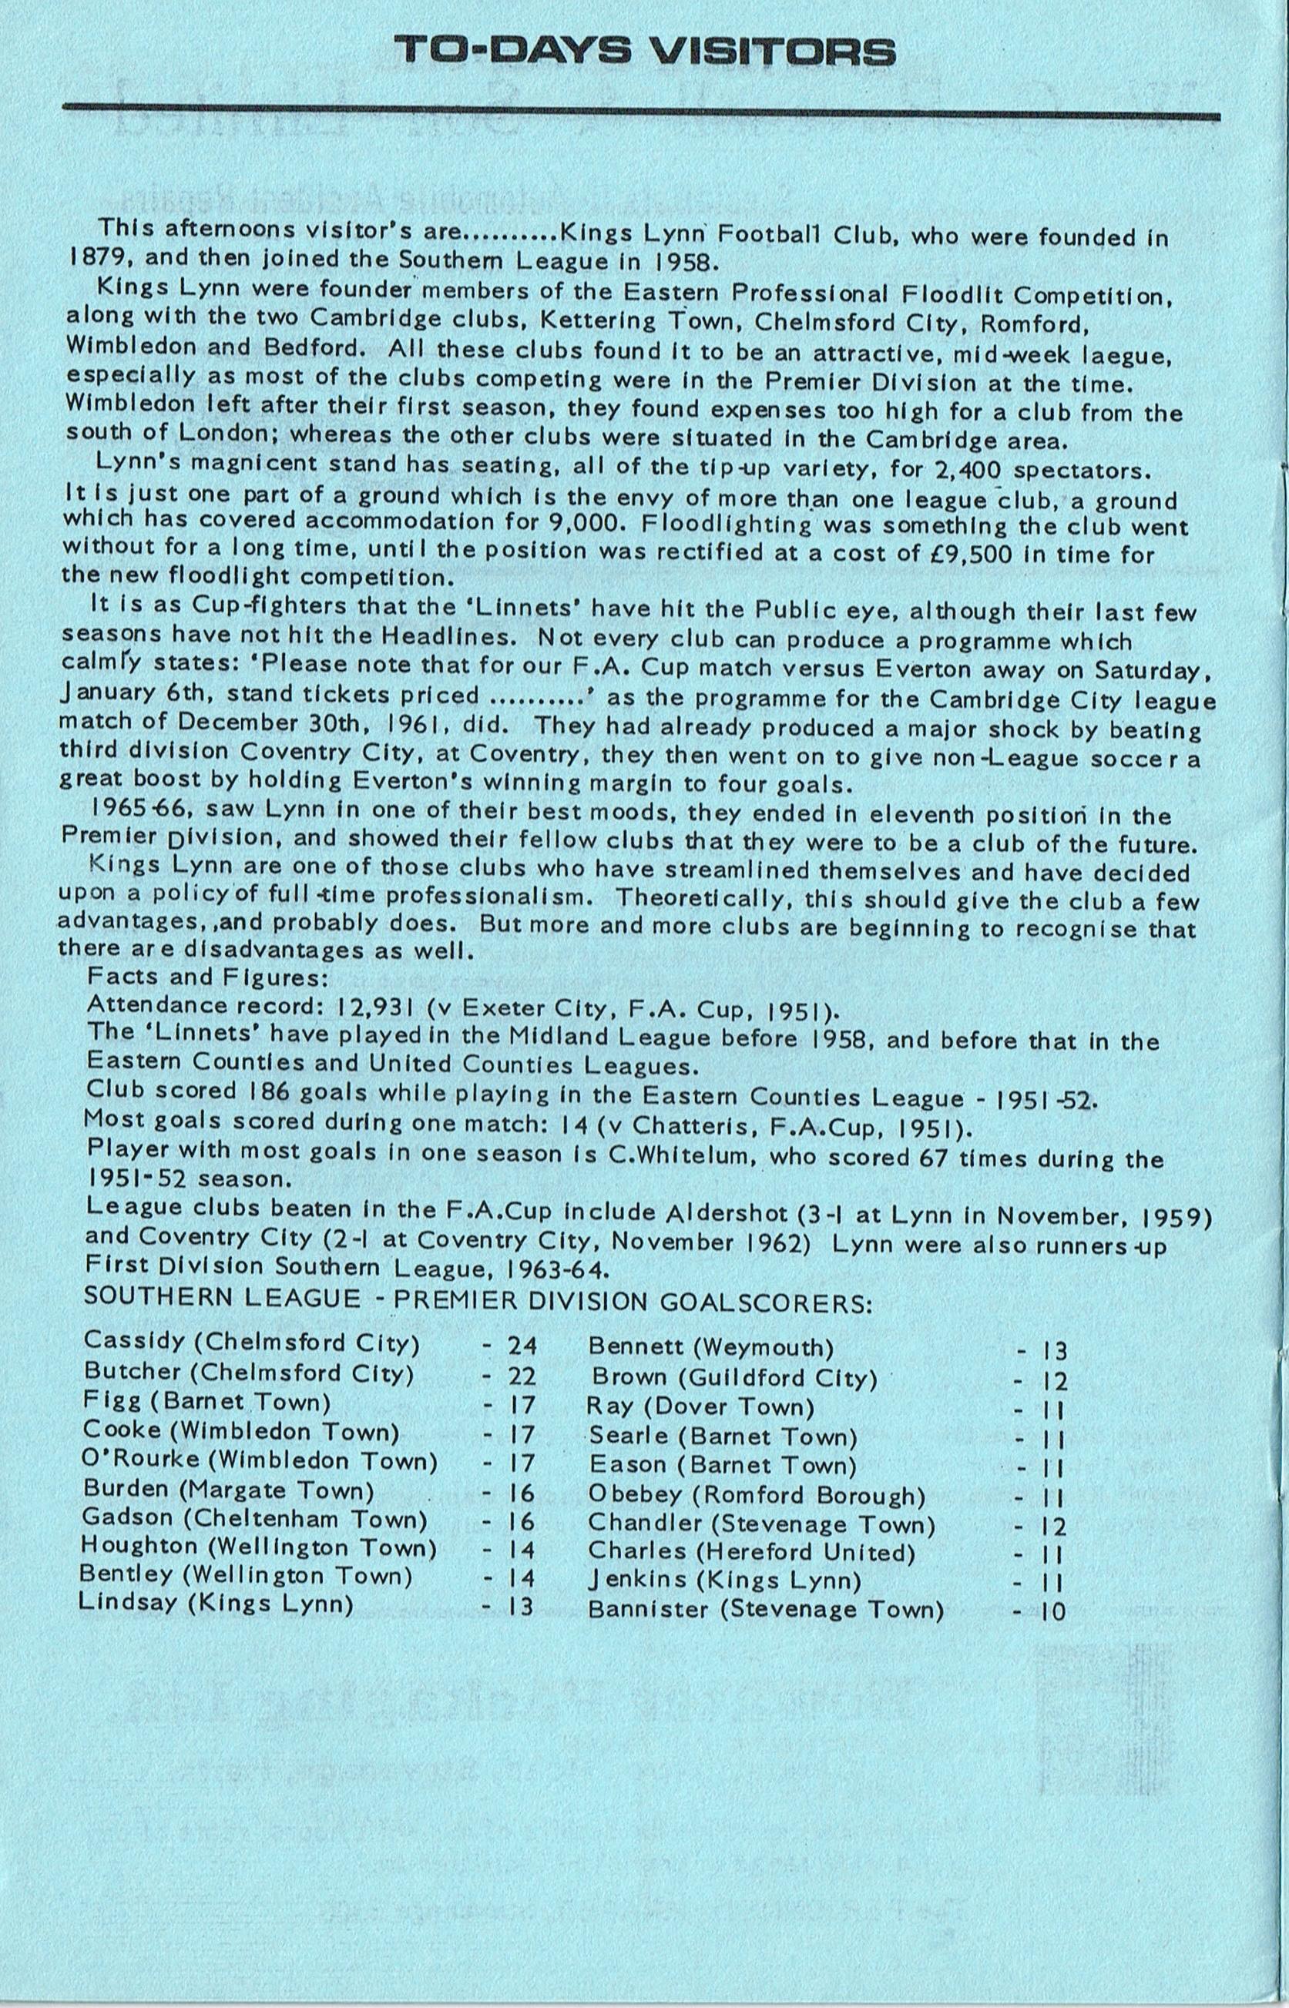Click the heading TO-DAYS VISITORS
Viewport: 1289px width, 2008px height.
click(643, 52)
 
